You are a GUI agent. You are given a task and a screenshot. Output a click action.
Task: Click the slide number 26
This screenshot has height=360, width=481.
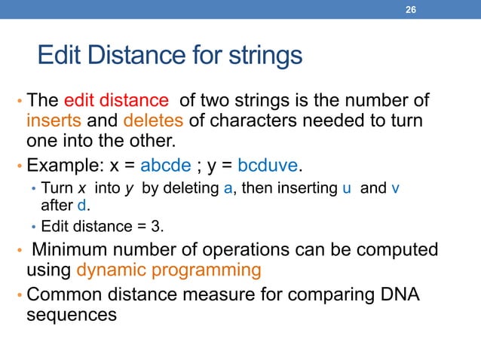pos(411,9)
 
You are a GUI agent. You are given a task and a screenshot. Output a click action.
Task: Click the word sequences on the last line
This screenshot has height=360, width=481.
pos(72,314)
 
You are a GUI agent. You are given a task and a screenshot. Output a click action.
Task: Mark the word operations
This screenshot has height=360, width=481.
pos(259,248)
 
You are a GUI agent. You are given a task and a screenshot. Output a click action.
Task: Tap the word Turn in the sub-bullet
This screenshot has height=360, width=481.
pos(56,188)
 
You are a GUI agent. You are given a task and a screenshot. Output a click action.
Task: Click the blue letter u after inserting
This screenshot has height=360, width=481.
pos(347,188)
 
